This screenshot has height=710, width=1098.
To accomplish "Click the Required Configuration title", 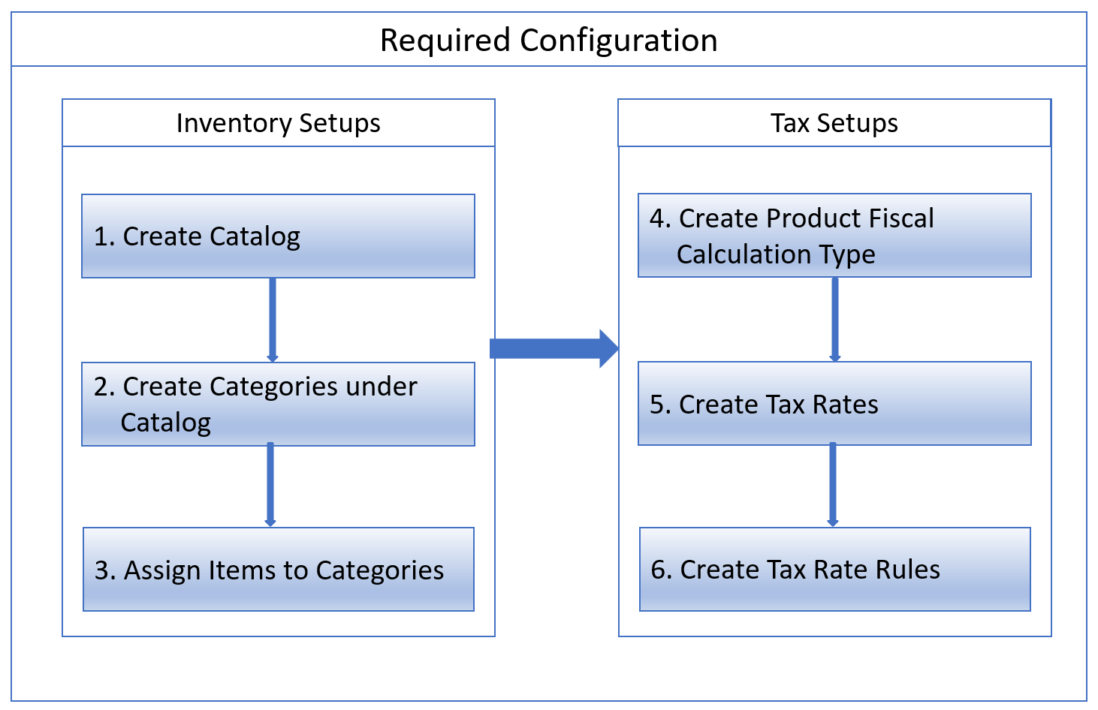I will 548,41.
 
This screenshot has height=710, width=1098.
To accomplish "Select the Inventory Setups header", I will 278,123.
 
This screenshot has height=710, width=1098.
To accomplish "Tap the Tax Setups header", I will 834,123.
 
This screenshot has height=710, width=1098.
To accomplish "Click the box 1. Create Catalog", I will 278,236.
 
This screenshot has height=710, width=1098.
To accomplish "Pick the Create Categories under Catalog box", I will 278,405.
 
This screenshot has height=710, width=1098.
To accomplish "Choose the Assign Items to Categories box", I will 278,570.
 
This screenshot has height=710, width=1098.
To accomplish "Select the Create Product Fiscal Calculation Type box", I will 834,236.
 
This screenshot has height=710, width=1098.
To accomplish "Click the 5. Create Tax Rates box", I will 834,404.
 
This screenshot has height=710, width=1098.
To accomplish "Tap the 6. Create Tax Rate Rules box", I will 834,570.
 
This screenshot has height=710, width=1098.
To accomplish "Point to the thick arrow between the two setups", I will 554,348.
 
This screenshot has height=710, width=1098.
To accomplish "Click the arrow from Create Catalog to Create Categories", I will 272,320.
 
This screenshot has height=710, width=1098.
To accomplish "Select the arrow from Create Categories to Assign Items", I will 270,485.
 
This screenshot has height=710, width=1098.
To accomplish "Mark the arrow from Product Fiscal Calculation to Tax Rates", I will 834,319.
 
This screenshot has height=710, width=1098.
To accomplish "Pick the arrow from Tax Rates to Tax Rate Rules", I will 832,485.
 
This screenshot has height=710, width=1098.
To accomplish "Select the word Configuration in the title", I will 618,41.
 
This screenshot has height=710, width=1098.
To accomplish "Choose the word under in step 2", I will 381,387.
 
